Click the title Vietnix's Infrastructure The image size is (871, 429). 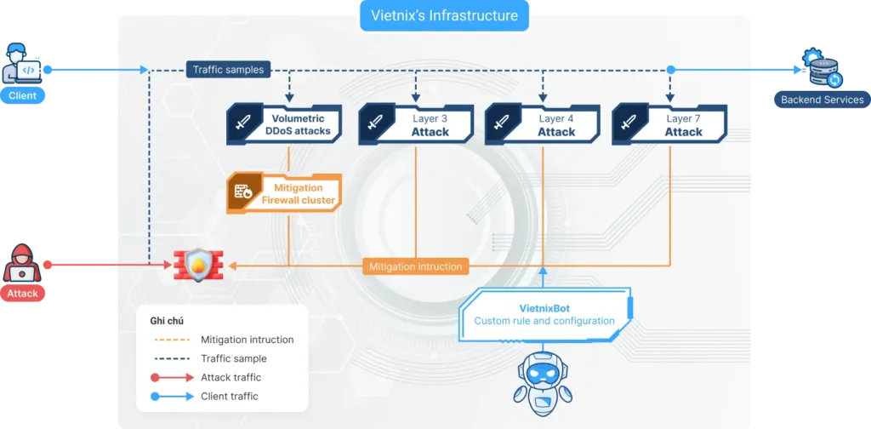[x=444, y=15]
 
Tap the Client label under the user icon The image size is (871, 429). [x=22, y=95]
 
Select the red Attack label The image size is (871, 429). [x=23, y=294]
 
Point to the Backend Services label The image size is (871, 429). [x=822, y=100]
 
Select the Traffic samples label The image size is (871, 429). [x=228, y=70]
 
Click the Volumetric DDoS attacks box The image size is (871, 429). [x=285, y=125]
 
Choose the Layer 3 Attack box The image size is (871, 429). [x=417, y=125]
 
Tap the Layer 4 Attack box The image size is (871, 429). [x=544, y=125]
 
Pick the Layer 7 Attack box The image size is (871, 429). [x=670, y=125]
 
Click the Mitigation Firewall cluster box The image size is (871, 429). [x=285, y=193]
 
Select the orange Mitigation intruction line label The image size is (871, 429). [x=415, y=266]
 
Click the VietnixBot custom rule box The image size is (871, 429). [x=544, y=314]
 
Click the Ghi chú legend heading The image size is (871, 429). [x=167, y=321]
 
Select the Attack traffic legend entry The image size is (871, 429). [x=231, y=377]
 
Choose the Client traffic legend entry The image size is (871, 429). [x=229, y=396]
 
